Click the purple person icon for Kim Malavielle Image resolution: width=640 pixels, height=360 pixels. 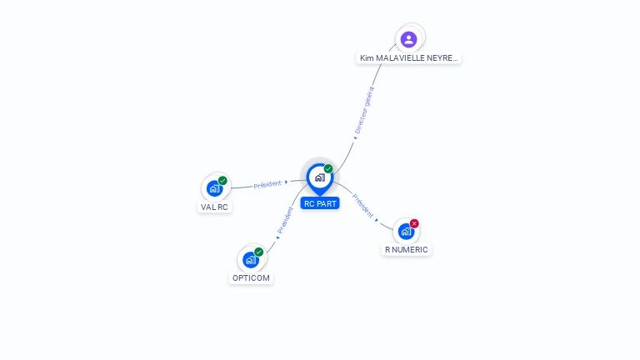(x=408, y=38)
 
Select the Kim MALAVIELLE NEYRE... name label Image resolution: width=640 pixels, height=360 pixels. (x=408, y=58)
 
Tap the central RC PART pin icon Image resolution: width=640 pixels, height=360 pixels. (x=319, y=177)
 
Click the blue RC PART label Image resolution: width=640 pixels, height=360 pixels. (x=320, y=203)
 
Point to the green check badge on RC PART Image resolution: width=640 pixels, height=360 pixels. (x=328, y=169)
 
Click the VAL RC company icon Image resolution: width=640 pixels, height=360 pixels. (x=214, y=188)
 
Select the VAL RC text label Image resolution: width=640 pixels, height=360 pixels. (x=214, y=207)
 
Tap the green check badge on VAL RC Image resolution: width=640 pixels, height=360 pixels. (x=222, y=181)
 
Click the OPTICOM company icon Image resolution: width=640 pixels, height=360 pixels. (x=250, y=259)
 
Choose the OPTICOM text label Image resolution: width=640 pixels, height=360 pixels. (x=251, y=277)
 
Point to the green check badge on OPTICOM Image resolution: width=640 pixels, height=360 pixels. (x=258, y=252)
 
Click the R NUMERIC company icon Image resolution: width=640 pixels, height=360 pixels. (x=406, y=231)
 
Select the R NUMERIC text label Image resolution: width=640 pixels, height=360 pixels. (x=407, y=249)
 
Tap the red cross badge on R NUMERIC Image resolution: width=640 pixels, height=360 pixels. (x=414, y=223)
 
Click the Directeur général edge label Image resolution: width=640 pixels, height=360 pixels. (x=363, y=110)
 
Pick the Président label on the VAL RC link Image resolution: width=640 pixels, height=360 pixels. (x=267, y=184)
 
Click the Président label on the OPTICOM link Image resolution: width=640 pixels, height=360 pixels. (x=285, y=220)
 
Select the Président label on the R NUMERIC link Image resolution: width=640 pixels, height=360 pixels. (x=362, y=205)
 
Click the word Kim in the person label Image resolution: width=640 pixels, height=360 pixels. (x=366, y=58)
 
